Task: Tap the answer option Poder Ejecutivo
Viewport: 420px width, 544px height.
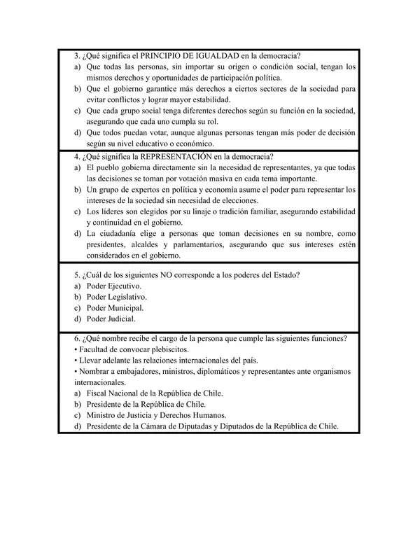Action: (x=113, y=286)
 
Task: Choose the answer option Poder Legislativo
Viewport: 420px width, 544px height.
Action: (x=116, y=297)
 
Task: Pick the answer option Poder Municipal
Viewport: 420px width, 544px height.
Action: (x=115, y=307)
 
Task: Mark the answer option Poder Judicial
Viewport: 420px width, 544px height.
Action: (x=111, y=319)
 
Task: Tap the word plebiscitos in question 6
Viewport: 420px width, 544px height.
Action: (x=169, y=349)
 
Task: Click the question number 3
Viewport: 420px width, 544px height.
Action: (x=76, y=56)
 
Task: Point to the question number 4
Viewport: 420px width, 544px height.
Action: (x=76, y=157)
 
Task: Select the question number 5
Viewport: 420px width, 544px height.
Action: (x=76, y=275)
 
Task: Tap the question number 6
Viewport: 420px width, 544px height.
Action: (x=76, y=339)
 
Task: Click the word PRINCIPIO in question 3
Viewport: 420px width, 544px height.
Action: (x=162, y=56)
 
